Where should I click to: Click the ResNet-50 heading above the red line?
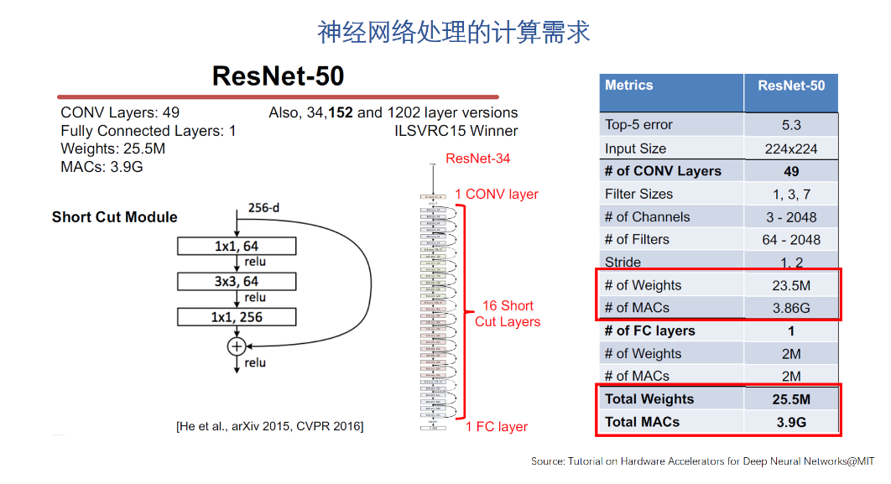(278, 75)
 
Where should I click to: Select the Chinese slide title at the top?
(453, 32)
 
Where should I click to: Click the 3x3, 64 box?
(237, 281)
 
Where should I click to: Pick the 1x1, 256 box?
(237, 317)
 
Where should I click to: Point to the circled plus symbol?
(237, 346)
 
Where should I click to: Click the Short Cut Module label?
(115, 217)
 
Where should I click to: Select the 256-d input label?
(263, 207)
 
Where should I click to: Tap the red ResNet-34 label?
(477, 159)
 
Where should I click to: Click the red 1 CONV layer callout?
(497, 195)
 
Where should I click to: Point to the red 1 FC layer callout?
(497, 427)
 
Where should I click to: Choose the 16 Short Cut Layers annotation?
(508, 314)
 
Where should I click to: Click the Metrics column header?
(629, 86)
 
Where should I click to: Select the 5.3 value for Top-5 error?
(791, 125)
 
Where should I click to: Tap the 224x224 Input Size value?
(791, 148)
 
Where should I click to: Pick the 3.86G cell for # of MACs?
(791, 308)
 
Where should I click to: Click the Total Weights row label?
(649, 399)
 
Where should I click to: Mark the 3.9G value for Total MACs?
(791, 422)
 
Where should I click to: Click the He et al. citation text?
(269, 427)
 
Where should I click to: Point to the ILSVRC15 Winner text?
(456, 131)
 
